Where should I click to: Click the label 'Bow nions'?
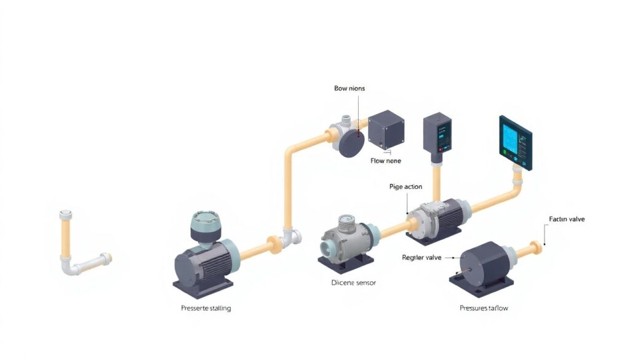(x=349, y=89)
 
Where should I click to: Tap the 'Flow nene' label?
(x=386, y=161)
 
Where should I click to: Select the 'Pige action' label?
(x=406, y=186)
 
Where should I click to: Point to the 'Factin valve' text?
(x=567, y=219)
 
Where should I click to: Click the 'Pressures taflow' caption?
(x=484, y=308)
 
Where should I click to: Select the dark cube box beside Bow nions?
(x=385, y=130)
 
